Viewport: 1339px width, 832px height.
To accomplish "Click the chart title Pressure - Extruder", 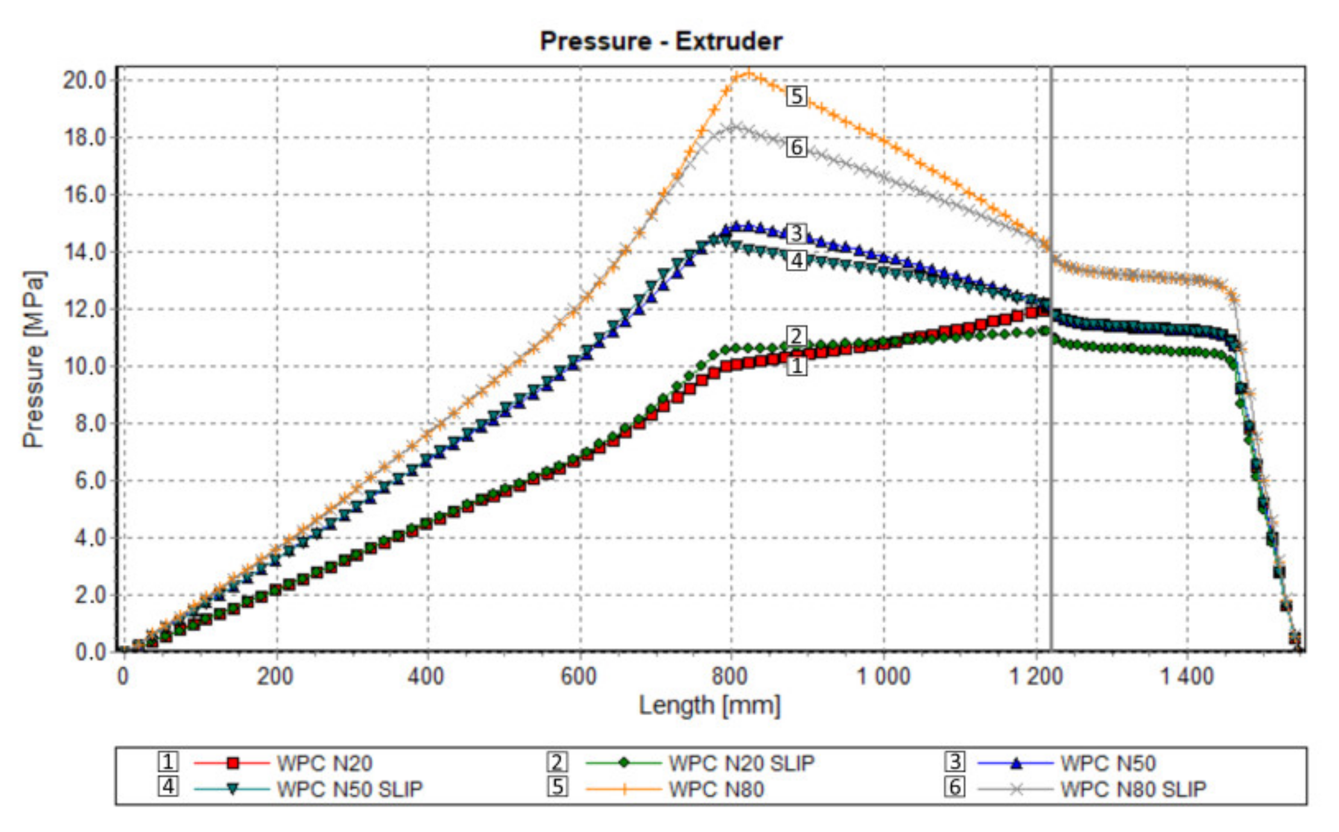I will pos(661,41).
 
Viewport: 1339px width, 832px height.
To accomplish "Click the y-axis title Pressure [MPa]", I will pos(34,359).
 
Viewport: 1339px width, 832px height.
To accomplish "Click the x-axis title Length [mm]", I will pos(709,705).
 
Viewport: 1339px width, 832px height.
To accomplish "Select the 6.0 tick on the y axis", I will pos(90,481).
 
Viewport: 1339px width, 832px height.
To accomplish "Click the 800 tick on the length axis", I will pos(730,676).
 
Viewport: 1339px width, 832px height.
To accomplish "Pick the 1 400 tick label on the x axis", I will pos(1186,676).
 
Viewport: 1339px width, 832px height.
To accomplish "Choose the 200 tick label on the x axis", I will pos(275,676).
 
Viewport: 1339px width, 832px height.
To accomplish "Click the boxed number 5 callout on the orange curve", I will pos(796,96).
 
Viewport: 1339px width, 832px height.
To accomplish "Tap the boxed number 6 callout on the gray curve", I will pos(796,147).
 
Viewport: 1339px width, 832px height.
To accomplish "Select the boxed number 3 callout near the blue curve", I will pos(796,233).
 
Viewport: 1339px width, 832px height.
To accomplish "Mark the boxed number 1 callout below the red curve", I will pos(796,365).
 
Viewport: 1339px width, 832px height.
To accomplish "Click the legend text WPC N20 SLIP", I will pos(741,763).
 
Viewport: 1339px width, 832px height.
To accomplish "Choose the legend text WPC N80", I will pos(717,789).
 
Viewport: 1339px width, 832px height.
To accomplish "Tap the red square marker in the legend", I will pos(233,763).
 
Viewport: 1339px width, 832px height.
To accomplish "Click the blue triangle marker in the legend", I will pos(1016,763).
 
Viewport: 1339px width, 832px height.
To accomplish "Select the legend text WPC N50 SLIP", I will pos(350,789).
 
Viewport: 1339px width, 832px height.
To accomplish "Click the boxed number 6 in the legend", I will pos(954,787).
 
